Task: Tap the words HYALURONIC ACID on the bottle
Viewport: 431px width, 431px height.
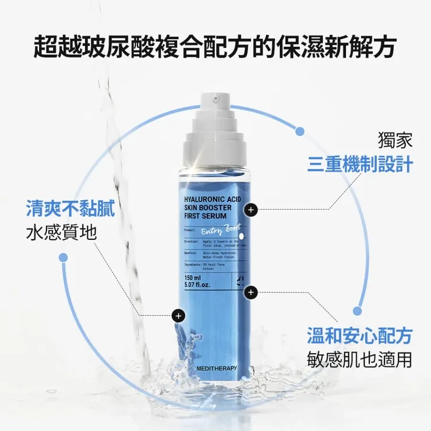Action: click(x=212, y=199)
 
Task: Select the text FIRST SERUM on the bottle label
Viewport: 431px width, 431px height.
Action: click(x=204, y=216)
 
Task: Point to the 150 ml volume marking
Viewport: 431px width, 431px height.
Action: click(x=193, y=277)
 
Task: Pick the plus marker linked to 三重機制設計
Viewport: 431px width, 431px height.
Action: click(x=250, y=209)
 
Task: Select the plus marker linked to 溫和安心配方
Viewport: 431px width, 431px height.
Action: click(x=250, y=292)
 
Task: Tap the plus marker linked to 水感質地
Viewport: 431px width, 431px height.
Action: click(x=178, y=316)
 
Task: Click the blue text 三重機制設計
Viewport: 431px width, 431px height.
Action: click(x=360, y=164)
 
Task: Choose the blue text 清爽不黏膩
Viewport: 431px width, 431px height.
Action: click(x=70, y=209)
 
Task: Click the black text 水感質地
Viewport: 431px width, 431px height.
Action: click(x=61, y=232)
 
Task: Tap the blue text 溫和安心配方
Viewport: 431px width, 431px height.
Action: click(x=360, y=335)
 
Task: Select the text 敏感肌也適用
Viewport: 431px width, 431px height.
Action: click(x=360, y=359)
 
